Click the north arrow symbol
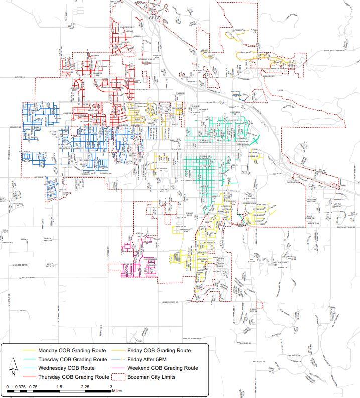pyautogui.click(x=12, y=369)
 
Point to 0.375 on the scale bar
pyautogui.click(x=20, y=387)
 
